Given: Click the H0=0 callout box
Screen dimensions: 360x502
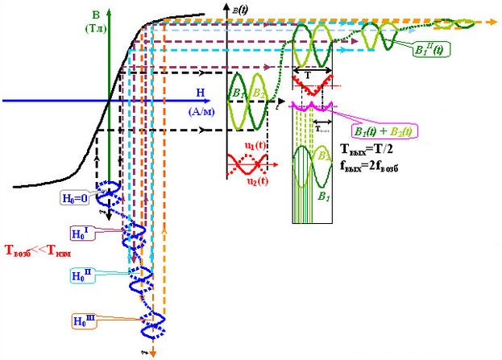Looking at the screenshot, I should (x=81, y=197).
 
